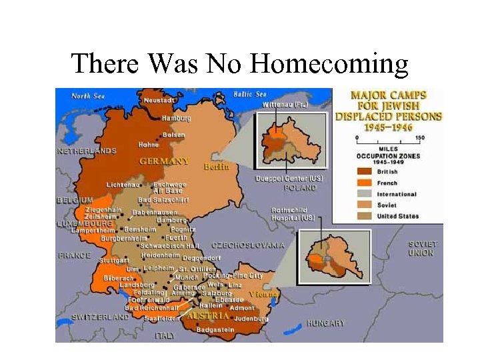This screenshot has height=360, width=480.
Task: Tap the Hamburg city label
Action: tap(175, 118)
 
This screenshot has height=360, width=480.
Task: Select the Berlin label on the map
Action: tap(217, 166)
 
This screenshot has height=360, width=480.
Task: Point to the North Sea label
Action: tap(88, 96)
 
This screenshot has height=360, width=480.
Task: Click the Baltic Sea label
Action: tap(250, 94)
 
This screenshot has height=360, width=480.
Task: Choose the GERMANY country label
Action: tap(164, 161)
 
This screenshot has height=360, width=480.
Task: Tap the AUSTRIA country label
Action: tap(208, 315)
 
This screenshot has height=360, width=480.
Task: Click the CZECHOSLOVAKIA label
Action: tap(247, 245)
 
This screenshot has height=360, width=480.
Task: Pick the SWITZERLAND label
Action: tap(100, 317)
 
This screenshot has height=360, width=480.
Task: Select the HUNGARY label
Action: tap(325, 323)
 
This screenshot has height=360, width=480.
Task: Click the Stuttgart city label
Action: tap(113, 260)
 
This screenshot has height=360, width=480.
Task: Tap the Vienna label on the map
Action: tap(264, 294)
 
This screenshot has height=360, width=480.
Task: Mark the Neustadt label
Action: tap(159, 100)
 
